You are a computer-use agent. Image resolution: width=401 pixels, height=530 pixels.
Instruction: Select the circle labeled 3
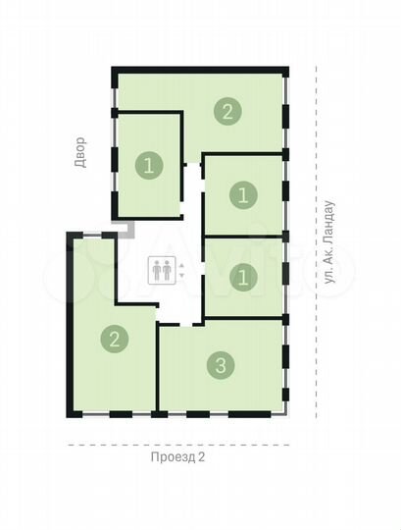tap(222, 366)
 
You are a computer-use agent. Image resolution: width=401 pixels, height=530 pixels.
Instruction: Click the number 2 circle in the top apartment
tap(227, 111)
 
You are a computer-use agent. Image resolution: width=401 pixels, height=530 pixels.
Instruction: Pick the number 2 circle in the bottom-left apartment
tap(115, 341)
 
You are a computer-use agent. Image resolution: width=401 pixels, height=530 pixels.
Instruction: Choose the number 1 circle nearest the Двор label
tap(149, 165)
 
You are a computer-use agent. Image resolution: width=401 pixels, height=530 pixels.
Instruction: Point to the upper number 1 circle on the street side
tap(241, 194)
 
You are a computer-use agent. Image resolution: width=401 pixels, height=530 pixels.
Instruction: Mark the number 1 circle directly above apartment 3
tap(241, 278)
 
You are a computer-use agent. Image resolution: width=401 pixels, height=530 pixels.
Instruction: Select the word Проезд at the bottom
tap(168, 456)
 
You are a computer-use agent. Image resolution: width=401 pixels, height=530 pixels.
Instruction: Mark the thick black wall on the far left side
tap(69, 324)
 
